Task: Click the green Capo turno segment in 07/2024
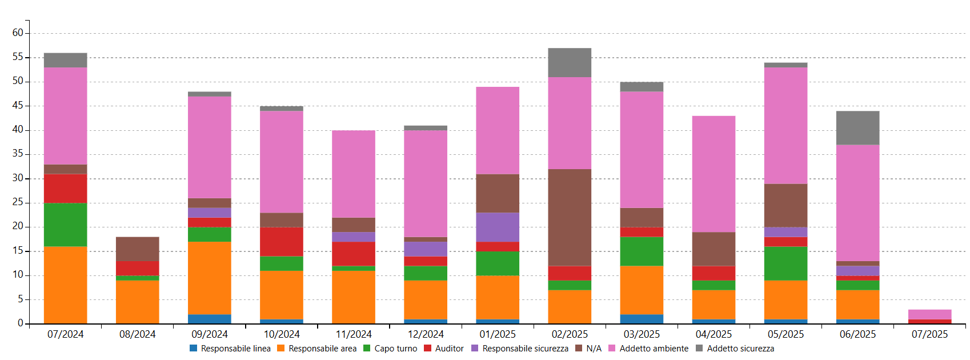tap(65, 225)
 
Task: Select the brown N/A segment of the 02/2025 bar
tap(570, 217)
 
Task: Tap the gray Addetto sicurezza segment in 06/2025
tap(857, 127)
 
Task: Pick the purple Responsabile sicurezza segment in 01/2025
tap(498, 227)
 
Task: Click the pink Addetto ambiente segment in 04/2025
tap(714, 174)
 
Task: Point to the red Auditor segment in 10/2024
tap(281, 241)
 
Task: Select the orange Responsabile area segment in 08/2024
tap(137, 302)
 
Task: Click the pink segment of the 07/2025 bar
tap(929, 314)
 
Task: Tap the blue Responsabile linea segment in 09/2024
tap(209, 319)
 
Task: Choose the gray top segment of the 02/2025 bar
tap(570, 62)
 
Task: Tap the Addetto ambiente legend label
tap(654, 349)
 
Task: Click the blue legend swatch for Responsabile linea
tap(193, 348)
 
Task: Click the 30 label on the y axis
tap(18, 178)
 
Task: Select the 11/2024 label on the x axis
tap(353, 334)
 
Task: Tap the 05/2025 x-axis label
tap(785, 334)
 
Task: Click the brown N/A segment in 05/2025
tap(785, 205)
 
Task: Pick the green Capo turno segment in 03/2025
tap(642, 251)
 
